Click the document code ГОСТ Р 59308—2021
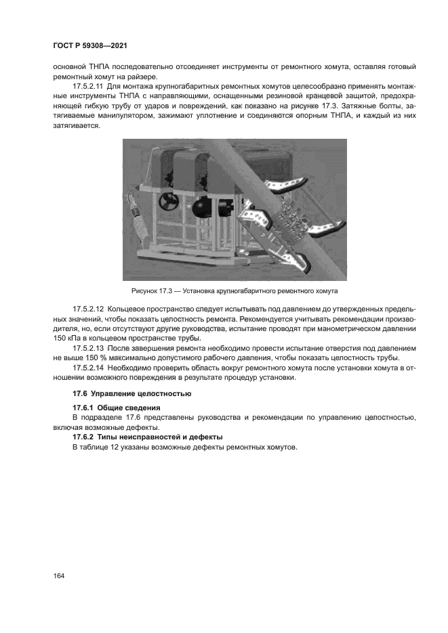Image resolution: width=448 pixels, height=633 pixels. click(x=90, y=45)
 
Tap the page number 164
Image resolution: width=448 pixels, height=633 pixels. click(x=59, y=576)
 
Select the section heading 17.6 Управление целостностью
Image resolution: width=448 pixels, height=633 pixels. click(x=123, y=393)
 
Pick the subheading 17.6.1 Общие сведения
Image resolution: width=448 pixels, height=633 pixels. click(x=116, y=408)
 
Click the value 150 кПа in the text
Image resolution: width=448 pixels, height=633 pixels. click(x=70, y=338)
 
